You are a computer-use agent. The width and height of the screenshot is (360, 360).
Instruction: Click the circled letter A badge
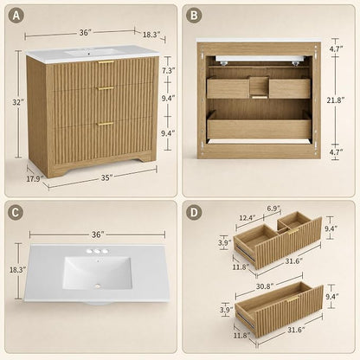[16, 16]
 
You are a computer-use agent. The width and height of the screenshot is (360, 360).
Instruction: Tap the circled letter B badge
[194, 16]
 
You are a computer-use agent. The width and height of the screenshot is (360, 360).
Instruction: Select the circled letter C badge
[16, 213]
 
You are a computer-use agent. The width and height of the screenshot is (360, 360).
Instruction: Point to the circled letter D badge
[194, 213]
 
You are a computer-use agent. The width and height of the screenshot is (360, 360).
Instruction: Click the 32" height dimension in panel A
[17, 102]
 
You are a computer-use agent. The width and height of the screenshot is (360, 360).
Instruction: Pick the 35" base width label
[106, 178]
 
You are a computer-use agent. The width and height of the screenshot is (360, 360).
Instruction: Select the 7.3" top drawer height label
[168, 71]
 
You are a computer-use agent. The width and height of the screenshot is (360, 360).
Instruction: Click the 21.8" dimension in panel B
[336, 100]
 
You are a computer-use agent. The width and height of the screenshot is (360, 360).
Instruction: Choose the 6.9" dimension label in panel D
[273, 208]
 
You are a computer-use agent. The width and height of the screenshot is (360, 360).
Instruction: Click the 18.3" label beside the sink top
[17, 270]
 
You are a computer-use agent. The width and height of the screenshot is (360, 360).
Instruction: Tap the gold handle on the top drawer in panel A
[106, 62]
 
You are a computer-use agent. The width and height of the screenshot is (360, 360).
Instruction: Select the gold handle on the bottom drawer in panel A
[106, 124]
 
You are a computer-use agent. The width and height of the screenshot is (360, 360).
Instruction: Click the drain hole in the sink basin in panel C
[98, 286]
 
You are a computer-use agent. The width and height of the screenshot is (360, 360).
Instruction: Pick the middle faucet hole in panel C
[97, 252]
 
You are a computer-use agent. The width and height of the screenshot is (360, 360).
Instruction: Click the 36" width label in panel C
[98, 235]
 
